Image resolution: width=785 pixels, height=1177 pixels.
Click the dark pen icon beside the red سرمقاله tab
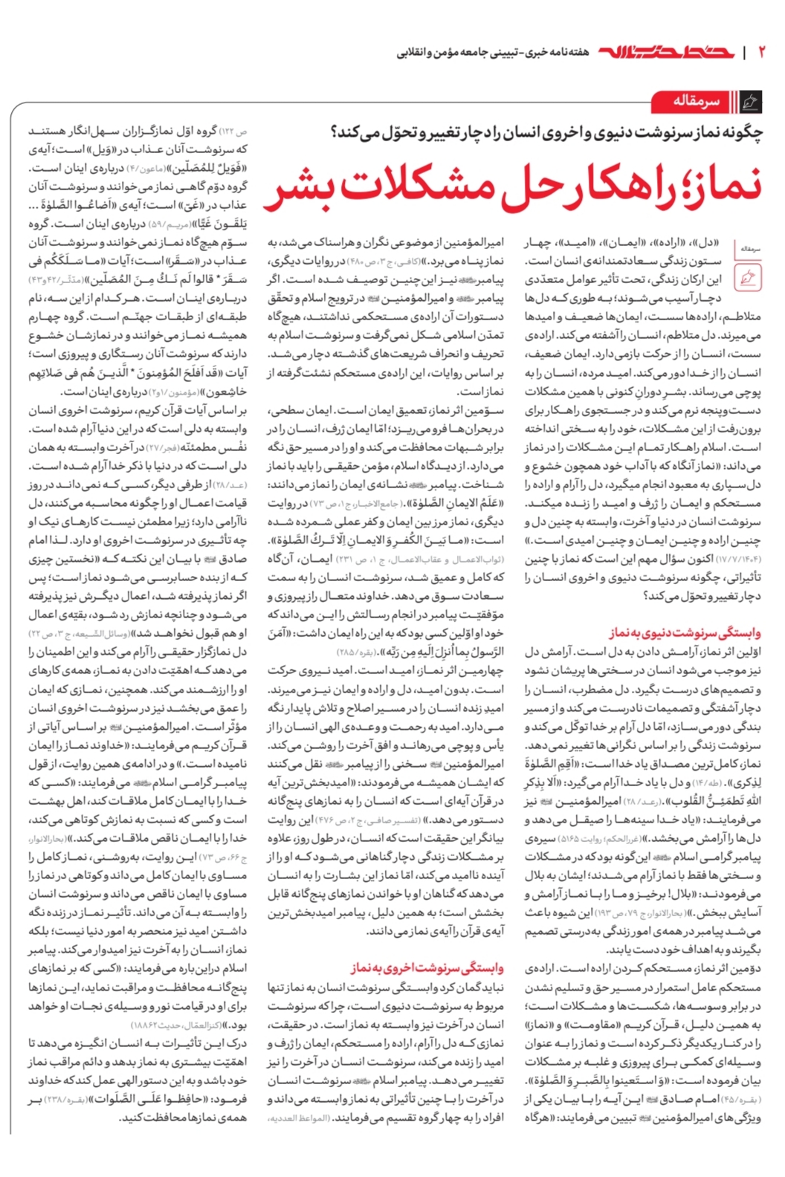752,101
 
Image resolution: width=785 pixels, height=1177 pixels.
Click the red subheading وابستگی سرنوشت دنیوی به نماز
685,633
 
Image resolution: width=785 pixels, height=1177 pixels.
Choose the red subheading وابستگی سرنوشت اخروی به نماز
427,968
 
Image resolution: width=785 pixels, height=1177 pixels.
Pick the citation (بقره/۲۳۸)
66,1099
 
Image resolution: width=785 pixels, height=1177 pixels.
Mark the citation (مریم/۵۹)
169,224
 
